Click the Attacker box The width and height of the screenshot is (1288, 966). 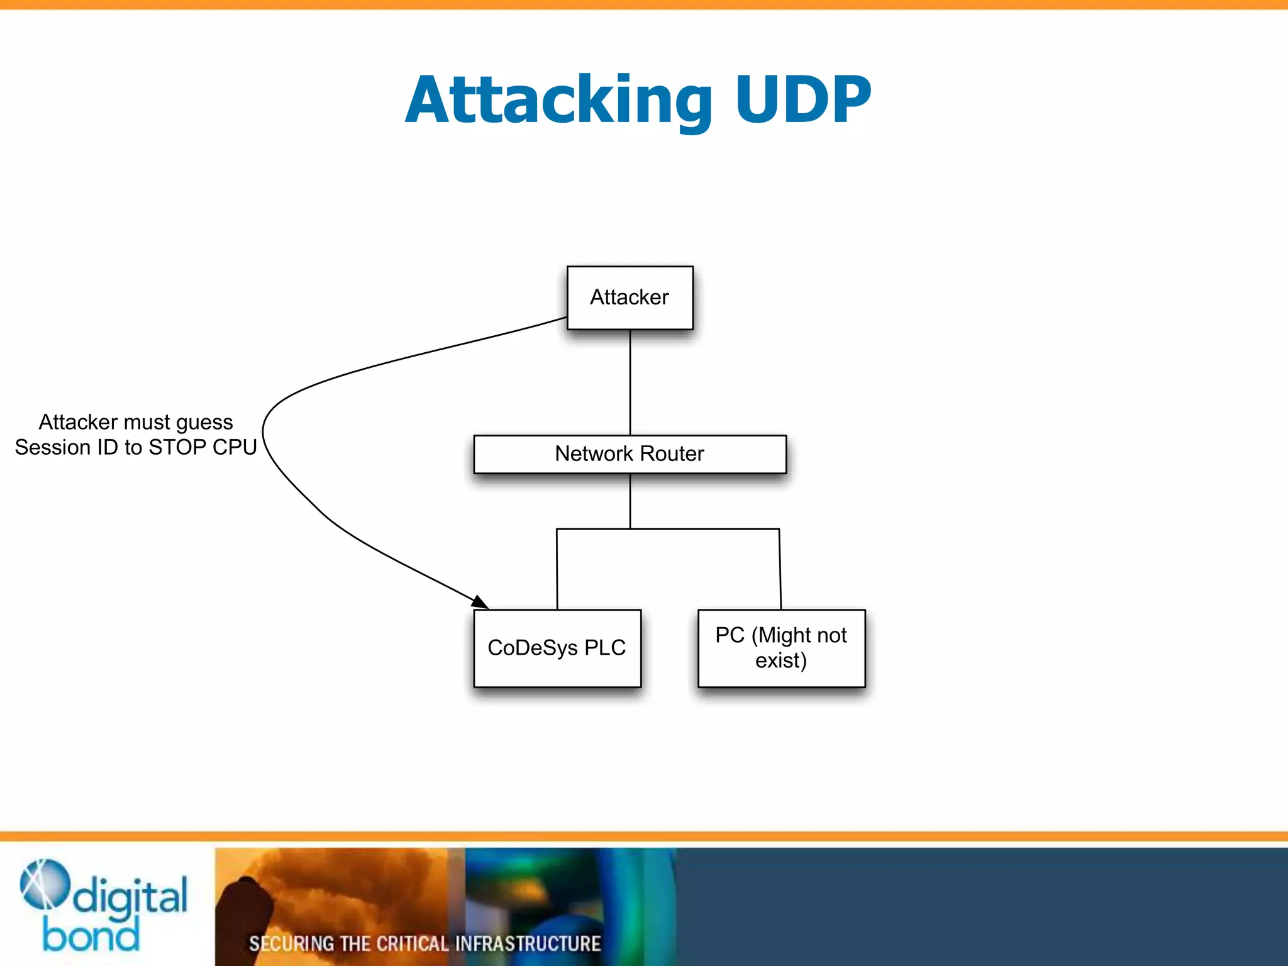630,297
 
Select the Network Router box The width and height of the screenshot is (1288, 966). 630,454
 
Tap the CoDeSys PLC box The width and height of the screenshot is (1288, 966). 557,648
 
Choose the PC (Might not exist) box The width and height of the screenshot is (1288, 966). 781,648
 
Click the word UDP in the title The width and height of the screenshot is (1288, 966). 802,100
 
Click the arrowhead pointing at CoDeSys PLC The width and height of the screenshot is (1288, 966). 480,602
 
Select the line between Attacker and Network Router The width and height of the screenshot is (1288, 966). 630,382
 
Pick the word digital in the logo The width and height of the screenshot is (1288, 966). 130,897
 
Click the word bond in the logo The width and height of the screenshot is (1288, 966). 91,936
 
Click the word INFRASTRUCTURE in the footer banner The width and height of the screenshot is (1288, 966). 528,943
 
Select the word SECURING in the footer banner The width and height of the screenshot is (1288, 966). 291,943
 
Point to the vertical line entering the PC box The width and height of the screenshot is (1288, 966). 780,569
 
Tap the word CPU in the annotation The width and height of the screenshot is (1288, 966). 234,447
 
